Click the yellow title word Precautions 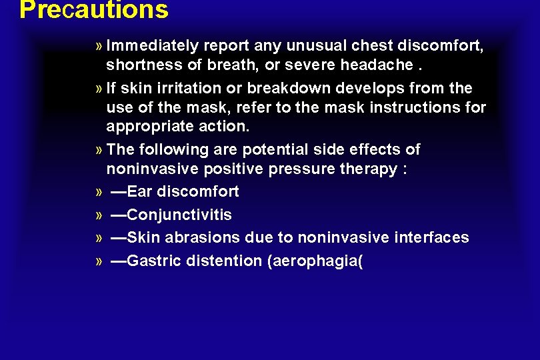[93, 10]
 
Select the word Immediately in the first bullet [153, 45]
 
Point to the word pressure [300, 169]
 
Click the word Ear [139, 192]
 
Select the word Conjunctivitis [179, 215]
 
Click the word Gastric [151, 261]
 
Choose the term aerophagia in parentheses [315, 261]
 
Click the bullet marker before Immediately [99, 46]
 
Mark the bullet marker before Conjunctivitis [99, 215]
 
